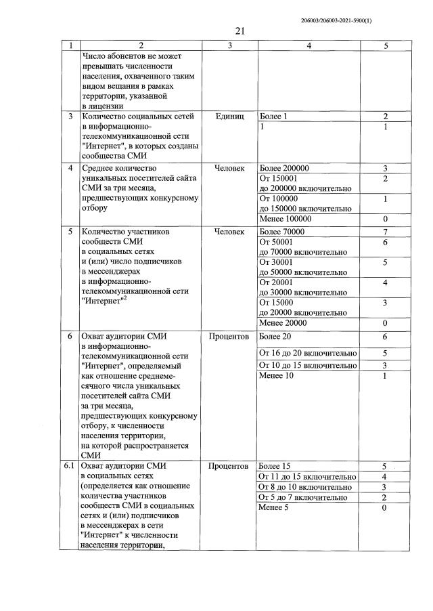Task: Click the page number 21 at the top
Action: click(x=240, y=30)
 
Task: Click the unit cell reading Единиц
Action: click(x=229, y=117)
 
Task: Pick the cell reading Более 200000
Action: click(x=284, y=168)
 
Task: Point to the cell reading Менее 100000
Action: click(x=285, y=219)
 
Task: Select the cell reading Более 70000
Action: click(x=282, y=232)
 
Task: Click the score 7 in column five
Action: click(x=384, y=232)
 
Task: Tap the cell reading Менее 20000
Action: click(x=283, y=323)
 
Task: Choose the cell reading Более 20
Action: click(x=275, y=337)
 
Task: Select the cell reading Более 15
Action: click(x=275, y=466)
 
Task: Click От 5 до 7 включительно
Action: click(x=304, y=497)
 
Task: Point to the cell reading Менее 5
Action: click(x=274, y=508)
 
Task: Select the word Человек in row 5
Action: click(x=229, y=232)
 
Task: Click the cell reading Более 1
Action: click(x=274, y=117)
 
